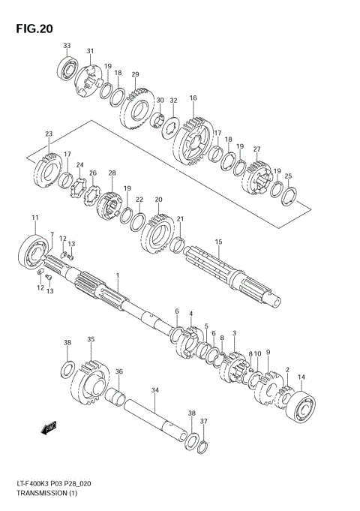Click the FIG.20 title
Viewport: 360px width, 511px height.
pyautogui.click(x=31, y=29)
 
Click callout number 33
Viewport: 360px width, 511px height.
pyautogui.click(x=67, y=47)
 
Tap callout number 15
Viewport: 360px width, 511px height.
pyautogui.click(x=218, y=242)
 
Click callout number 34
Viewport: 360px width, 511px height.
pyautogui.click(x=154, y=390)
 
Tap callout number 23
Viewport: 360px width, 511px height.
pyautogui.click(x=48, y=134)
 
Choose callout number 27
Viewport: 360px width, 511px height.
pyautogui.click(x=256, y=149)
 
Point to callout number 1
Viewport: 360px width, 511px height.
pyautogui.click(x=117, y=276)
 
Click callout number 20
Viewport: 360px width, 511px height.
pyautogui.click(x=158, y=200)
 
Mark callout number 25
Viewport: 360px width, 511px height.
pyautogui.click(x=288, y=176)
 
